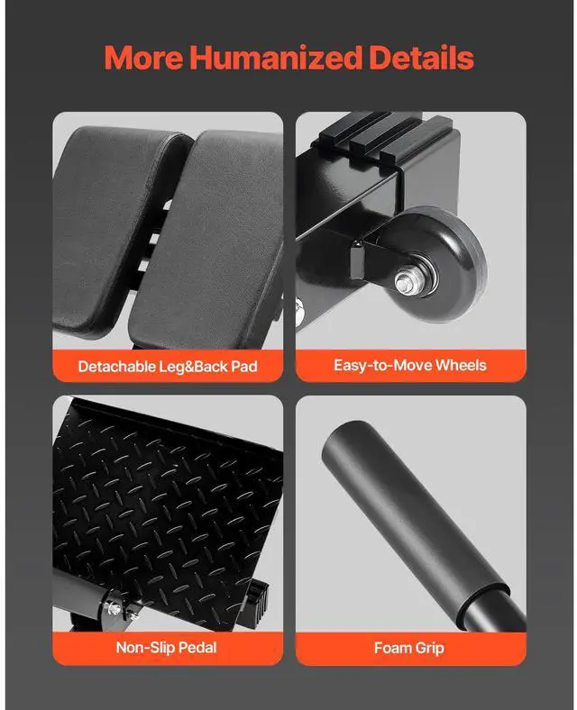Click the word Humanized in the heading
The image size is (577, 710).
276,58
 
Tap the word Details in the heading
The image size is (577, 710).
421,58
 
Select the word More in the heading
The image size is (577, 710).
143,58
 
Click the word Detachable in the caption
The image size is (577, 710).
117,366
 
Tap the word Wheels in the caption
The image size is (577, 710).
461,365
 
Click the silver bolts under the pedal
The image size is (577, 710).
118,609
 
